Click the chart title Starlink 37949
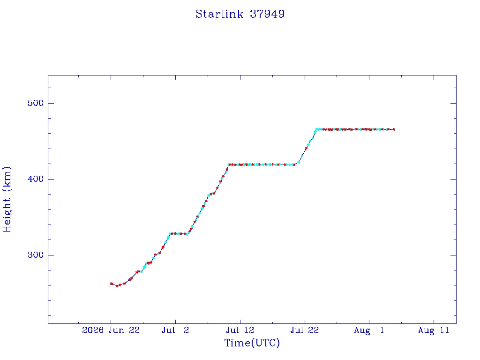[x=240, y=14]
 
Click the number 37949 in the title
[x=267, y=14]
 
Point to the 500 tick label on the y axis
[x=36, y=103]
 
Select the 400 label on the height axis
[x=36, y=179]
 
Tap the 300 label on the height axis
[x=36, y=255]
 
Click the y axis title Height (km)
[x=7, y=199]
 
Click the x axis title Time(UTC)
[x=252, y=343]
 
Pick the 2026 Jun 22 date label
[x=111, y=330]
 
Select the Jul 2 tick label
[x=175, y=330]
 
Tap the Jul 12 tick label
[x=240, y=330]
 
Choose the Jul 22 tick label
[x=305, y=330]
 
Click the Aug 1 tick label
[x=369, y=330]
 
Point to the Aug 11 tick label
[x=434, y=330]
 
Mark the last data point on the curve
[x=394, y=130]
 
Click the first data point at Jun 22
[x=111, y=284]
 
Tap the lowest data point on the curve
[x=117, y=285]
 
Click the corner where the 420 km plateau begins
[x=229, y=165]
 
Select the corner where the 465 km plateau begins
[x=316, y=129]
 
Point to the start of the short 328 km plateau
[x=170, y=233]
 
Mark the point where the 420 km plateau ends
[x=294, y=165]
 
